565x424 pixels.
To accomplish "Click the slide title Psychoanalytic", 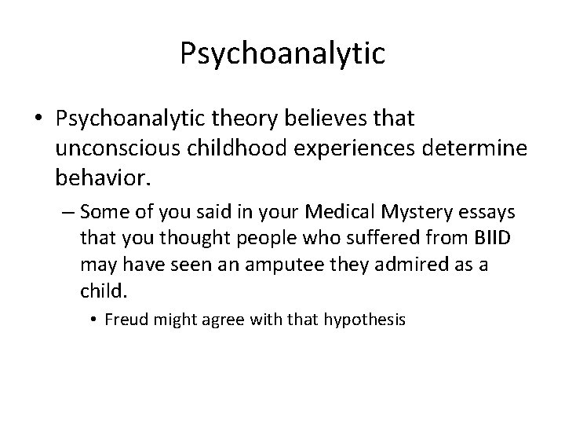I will (x=282, y=53).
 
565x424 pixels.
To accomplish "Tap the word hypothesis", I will (x=369, y=320).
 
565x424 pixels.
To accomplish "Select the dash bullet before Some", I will (x=66, y=213).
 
